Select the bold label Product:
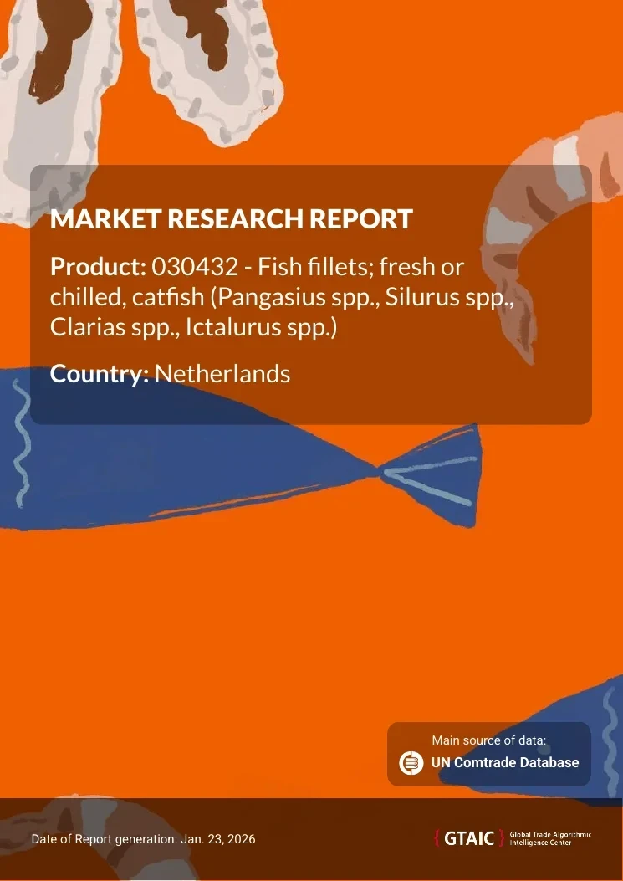99,267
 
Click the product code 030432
196,267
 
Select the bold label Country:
100,374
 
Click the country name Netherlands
222,374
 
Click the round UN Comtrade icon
411,762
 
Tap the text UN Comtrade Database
505,762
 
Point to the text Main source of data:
488,740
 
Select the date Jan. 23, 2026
218,839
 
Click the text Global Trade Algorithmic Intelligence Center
550,839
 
